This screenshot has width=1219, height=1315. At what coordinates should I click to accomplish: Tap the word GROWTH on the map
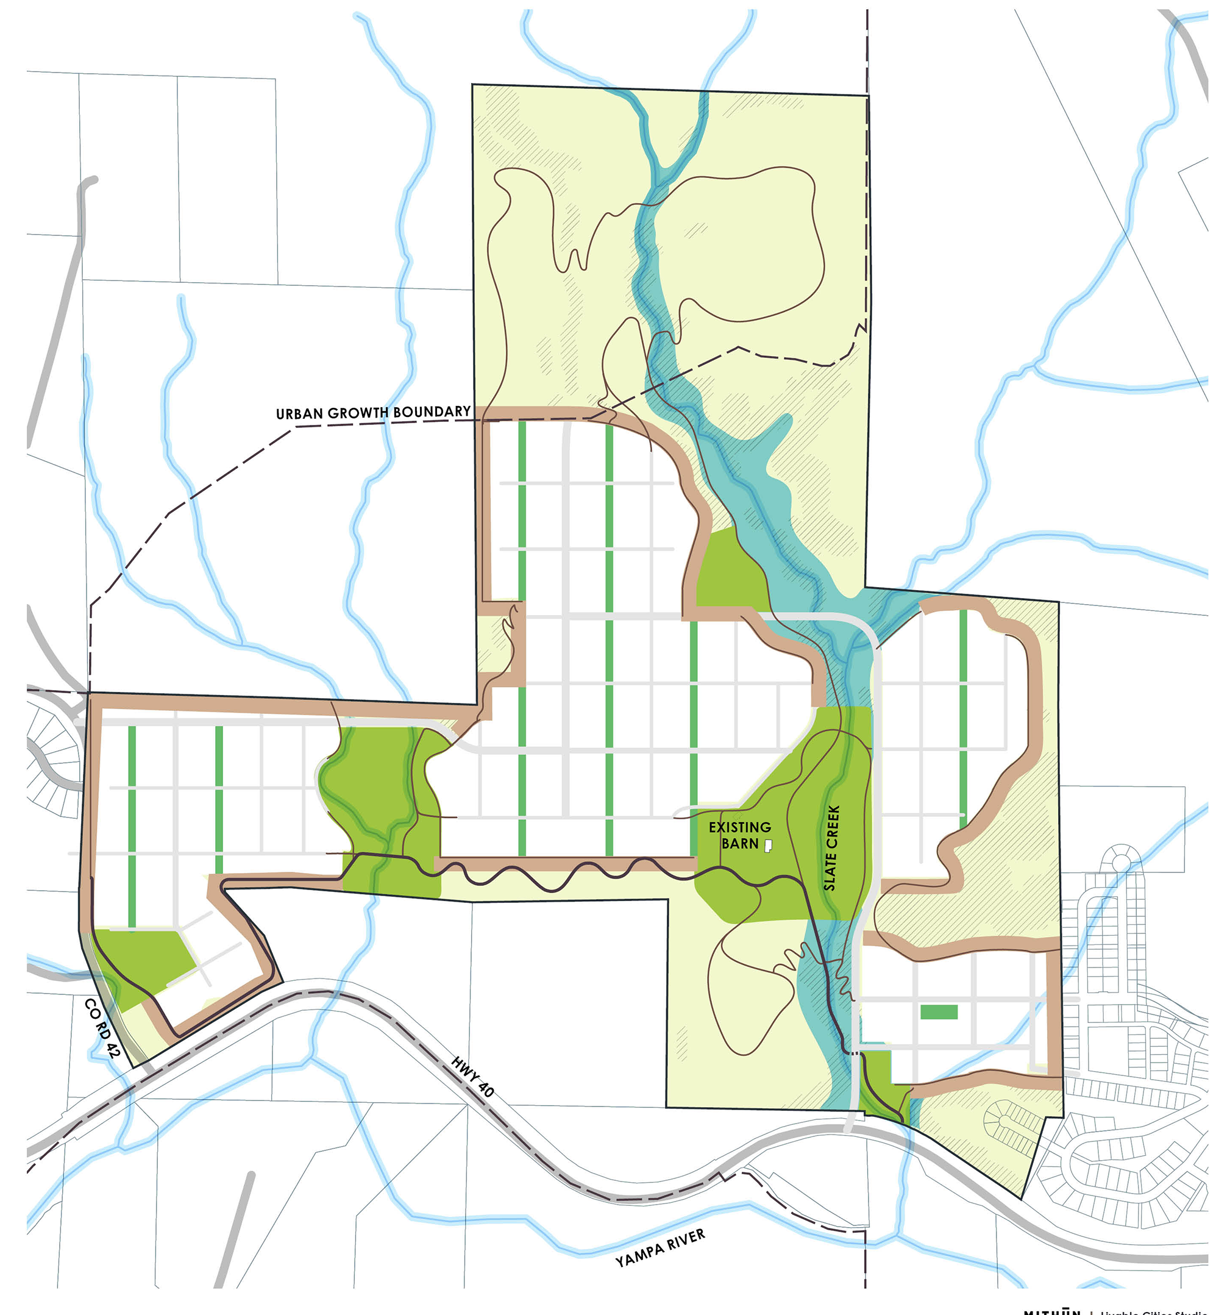360,413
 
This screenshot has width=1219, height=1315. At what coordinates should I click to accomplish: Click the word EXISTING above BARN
739,827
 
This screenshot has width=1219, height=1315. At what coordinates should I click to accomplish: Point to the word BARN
739,844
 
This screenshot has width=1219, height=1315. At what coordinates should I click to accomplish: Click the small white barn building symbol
768,845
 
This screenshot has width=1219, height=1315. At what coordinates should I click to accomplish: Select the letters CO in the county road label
91,1007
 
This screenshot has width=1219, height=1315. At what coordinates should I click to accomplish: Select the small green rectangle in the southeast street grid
939,1012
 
